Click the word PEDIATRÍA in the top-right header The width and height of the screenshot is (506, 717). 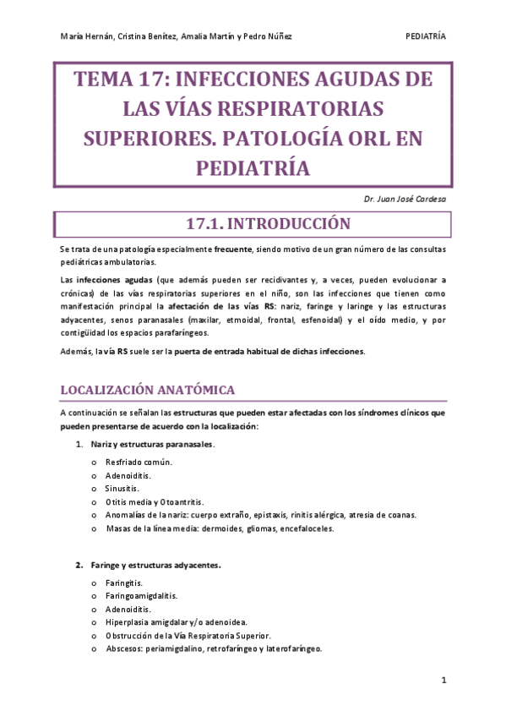click(x=426, y=36)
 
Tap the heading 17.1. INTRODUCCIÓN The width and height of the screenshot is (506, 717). click(x=256, y=225)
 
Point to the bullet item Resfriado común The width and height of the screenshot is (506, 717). click(x=139, y=462)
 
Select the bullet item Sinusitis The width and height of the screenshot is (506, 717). click(x=123, y=489)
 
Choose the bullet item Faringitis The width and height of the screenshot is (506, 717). click(x=124, y=583)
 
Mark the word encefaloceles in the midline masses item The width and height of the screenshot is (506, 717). click(x=307, y=529)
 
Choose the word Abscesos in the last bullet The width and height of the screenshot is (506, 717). click(x=124, y=649)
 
